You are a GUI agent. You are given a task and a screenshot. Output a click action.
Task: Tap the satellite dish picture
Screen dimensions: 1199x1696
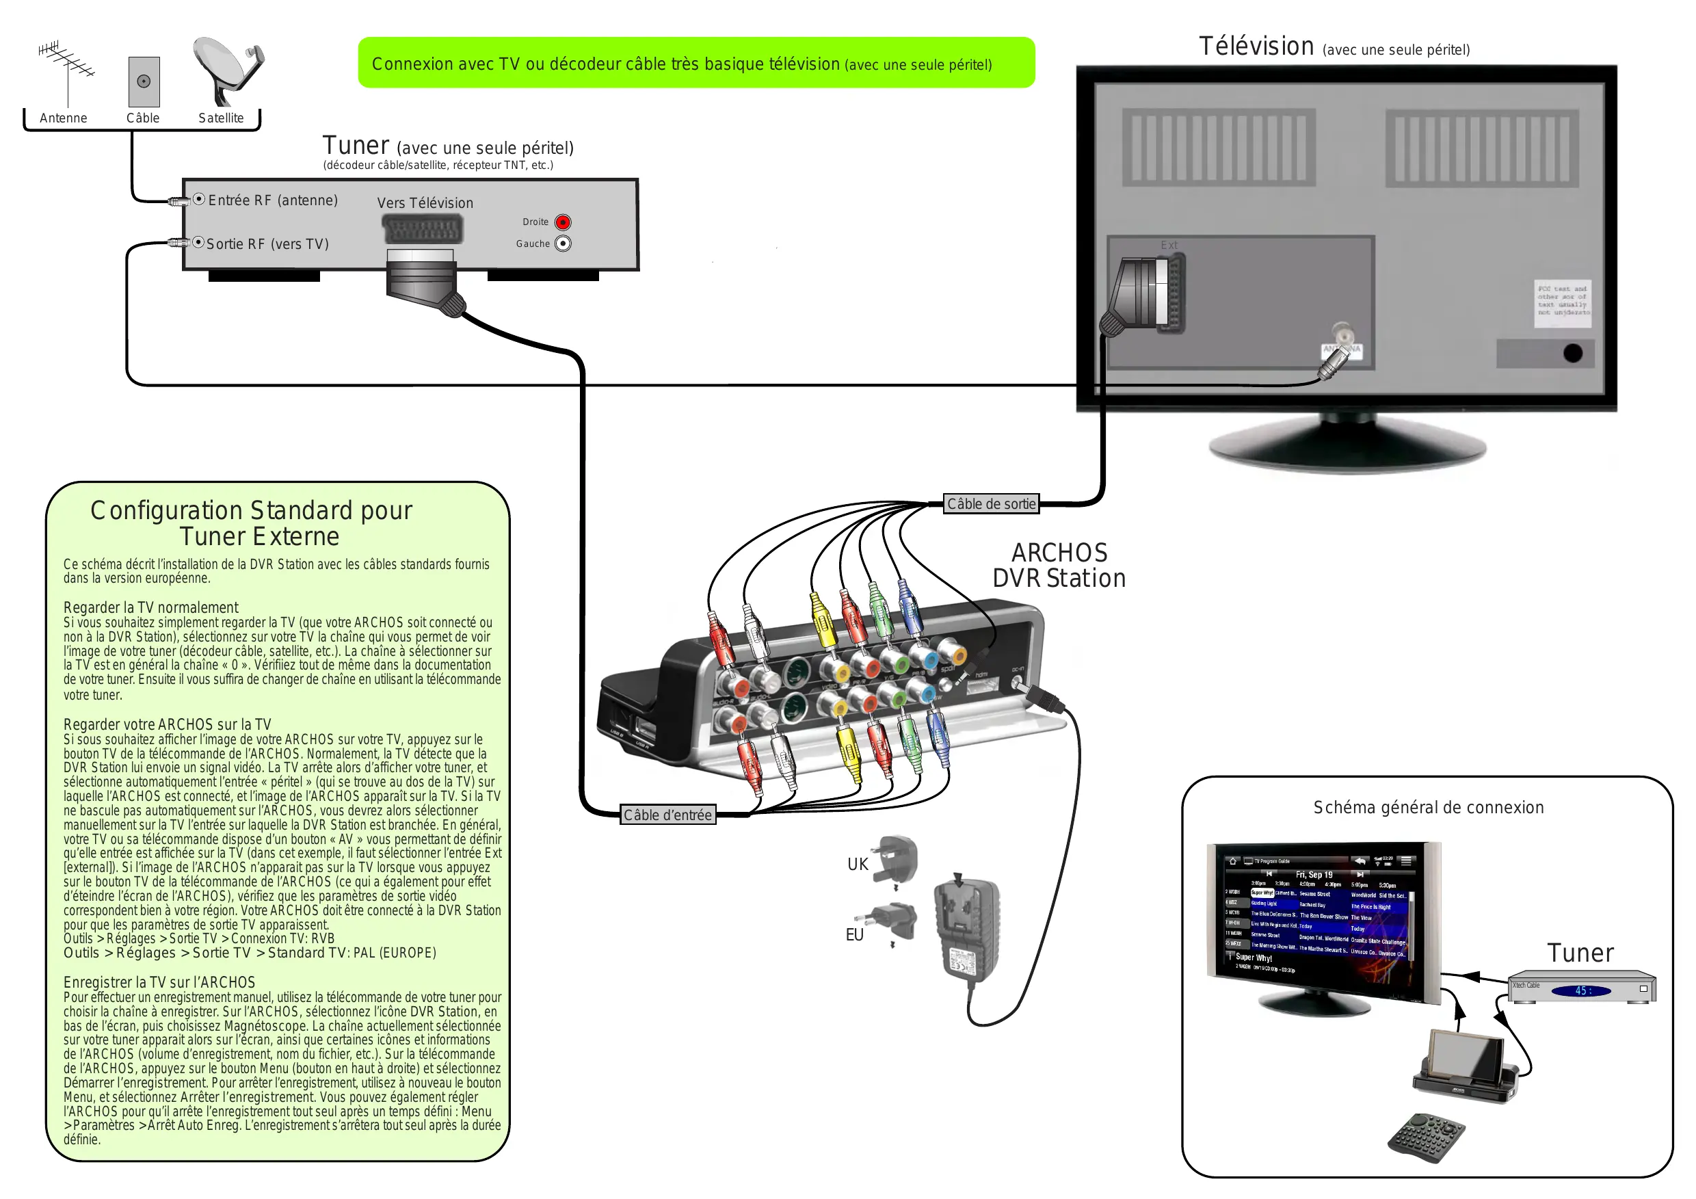pyautogui.click(x=227, y=70)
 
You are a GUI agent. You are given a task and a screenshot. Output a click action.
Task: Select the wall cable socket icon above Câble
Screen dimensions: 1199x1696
pyautogui.click(x=144, y=81)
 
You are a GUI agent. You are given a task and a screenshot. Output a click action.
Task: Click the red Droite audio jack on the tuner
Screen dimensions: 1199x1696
pyautogui.click(x=563, y=222)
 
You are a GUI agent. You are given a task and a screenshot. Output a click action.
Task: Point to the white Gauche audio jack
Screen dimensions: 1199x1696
pyautogui.click(x=563, y=243)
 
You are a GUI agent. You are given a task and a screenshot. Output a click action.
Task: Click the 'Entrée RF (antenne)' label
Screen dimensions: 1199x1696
pyautogui.click(x=273, y=200)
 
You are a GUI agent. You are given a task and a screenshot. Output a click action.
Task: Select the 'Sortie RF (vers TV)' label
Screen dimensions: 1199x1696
pyautogui.click(x=267, y=243)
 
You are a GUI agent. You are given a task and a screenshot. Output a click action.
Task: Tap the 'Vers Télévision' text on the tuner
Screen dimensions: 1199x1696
pyautogui.click(x=425, y=203)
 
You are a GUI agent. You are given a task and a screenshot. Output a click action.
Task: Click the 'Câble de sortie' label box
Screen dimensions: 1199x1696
pyautogui.click(x=992, y=504)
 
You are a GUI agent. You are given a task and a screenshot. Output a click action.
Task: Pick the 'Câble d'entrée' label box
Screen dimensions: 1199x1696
pyautogui.click(x=667, y=815)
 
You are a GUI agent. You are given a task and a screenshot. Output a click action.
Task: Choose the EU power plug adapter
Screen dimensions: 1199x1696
pyautogui.click(x=895, y=923)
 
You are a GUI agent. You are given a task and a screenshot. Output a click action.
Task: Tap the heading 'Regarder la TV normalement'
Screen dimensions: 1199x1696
pyautogui.click(x=150, y=607)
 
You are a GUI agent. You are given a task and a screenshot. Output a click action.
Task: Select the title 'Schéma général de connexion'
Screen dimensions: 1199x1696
pyautogui.click(x=1428, y=808)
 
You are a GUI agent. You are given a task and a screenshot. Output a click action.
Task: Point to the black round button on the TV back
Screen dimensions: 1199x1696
pyautogui.click(x=1573, y=353)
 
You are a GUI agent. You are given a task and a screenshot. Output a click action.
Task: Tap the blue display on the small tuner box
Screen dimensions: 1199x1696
pyautogui.click(x=1582, y=990)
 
